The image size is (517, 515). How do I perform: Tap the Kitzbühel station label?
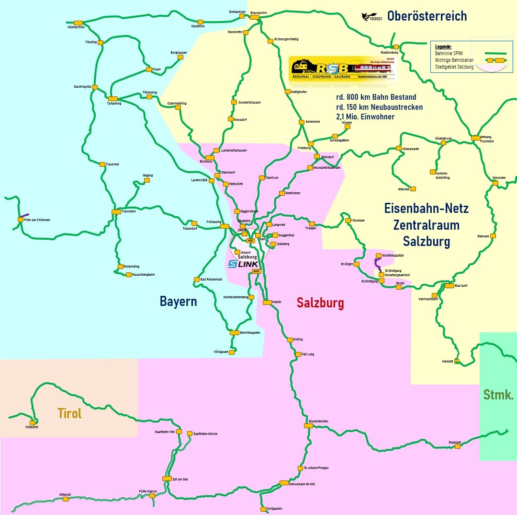tap(32, 427)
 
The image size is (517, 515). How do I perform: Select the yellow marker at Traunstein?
tap(116, 211)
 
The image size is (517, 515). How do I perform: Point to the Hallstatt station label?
tap(448, 361)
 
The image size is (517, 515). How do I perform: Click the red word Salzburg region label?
tap(320, 303)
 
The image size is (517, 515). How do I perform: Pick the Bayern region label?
tap(178, 302)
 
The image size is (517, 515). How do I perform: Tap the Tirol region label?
tap(69, 413)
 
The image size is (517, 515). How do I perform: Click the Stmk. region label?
tap(498, 395)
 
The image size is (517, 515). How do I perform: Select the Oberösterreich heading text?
tap(427, 16)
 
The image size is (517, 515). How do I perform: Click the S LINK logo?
tap(243, 264)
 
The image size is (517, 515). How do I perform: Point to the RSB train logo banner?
tap(343, 68)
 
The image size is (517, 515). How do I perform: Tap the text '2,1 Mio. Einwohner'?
tap(365, 117)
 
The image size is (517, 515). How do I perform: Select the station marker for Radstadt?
tap(458, 446)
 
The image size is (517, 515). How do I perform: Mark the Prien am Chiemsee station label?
tap(37, 220)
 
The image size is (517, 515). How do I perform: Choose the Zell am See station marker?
tap(167, 479)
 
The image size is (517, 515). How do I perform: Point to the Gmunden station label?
tap(499, 177)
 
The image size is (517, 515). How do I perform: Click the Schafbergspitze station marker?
tap(379, 256)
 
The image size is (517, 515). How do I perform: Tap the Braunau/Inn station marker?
tap(255, 17)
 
